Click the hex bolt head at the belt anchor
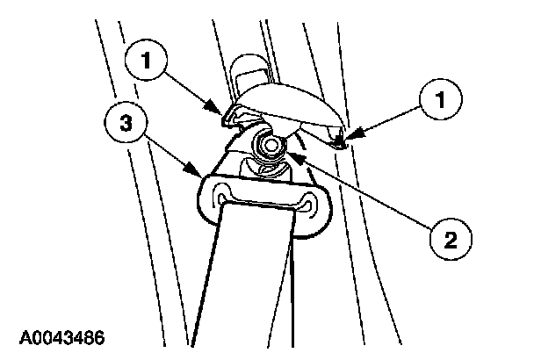(269, 145)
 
